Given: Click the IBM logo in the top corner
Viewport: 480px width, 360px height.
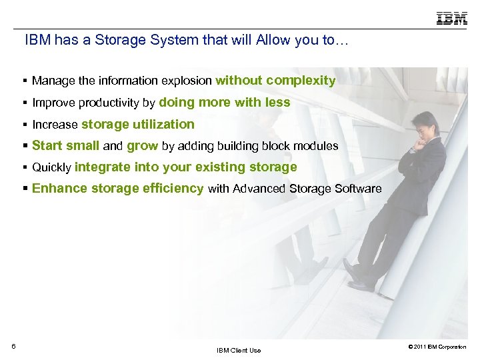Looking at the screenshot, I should pyautogui.click(x=452, y=19).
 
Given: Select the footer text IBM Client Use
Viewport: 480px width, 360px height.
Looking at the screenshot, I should pyautogui.click(x=239, y=351).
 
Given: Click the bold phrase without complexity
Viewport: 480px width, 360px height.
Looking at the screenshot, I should pyautogui.click(x=275, y=81).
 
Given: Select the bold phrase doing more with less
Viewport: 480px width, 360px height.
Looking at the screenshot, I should pyautogui.click(x=225, y=103).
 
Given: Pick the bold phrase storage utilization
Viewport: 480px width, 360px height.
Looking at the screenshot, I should pyautogui.click(x=138, y=124).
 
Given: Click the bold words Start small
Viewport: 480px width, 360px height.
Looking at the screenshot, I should pyautogui.click(x=65, y=145).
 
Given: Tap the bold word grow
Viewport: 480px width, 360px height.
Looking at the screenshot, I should pyautogui.click(x=142, y=145).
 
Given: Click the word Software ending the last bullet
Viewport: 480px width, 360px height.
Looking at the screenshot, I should pyautogui.click(x=359, y=189).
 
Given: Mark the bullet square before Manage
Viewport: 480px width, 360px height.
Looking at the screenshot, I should pyautogui.click(x=24, y=81).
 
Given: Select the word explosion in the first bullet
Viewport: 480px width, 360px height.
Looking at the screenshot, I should pyautogui.click(x=189, y=81).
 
